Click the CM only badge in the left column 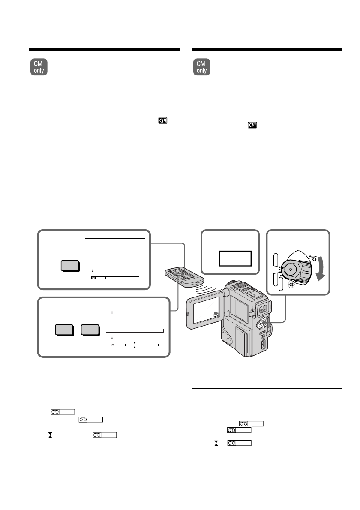(39, 67)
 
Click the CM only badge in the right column (201, 67)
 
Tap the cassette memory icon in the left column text (162, 121)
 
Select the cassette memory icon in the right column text (252, 126)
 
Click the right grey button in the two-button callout (90, 330)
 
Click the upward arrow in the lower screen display (111, 312)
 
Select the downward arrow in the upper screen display (92, 271)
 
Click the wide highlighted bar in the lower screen (135, 330)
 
